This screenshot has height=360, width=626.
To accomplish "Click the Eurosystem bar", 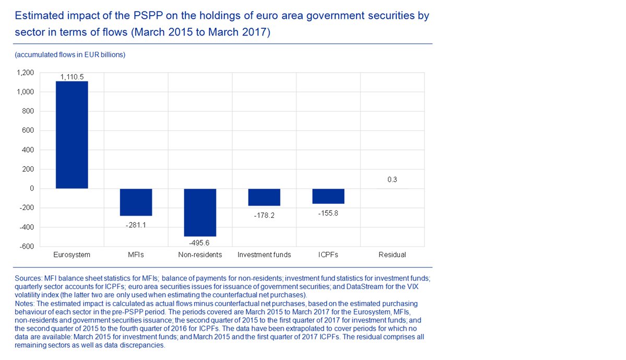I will click(72, 135).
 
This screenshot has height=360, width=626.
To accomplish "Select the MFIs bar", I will click(136, 202).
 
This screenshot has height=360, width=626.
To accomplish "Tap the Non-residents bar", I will click(200, 213).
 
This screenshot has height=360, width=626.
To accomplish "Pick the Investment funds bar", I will click(264, 198).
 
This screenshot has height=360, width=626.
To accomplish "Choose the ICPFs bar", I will click(328, 196).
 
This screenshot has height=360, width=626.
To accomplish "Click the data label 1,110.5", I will click(72, 77).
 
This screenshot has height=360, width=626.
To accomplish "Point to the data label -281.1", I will click(136, 225).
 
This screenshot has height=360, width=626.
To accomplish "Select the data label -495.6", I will click(200, 243).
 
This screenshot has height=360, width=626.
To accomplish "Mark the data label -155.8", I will click(328, 213).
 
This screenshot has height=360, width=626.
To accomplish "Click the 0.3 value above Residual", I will click(392, 180).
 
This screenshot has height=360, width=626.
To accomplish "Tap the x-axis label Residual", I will click(392, 255).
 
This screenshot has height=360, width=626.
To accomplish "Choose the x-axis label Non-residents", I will click(200, 255).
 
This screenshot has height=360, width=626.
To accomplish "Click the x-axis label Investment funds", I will click(264, 255).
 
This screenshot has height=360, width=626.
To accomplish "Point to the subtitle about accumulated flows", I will click(70, 54).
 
